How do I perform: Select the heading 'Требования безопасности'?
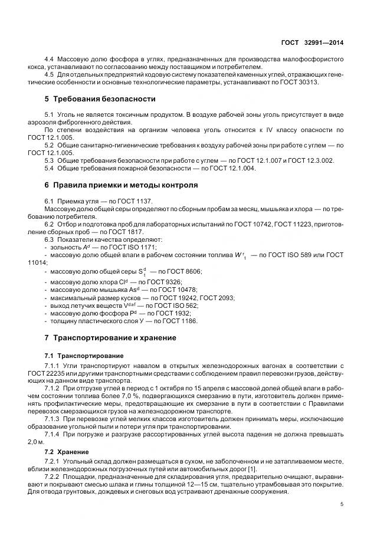tap(100, 98)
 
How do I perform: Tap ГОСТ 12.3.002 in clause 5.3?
tap(311, 160)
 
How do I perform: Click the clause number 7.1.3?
tap(54, 418)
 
